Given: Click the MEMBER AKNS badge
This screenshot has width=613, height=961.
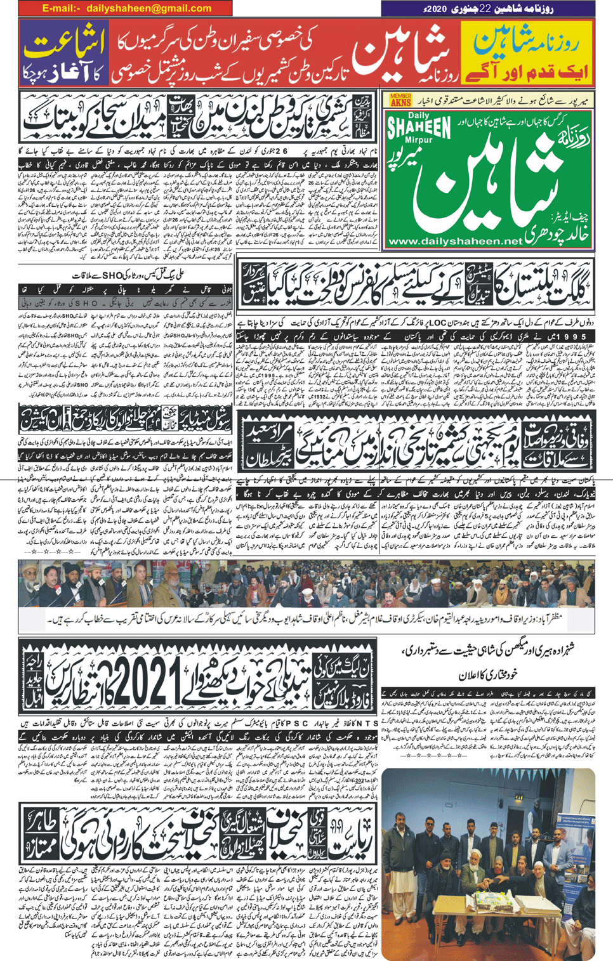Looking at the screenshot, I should pyautogui.click(x=400, y=100).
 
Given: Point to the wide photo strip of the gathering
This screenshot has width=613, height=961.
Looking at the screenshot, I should pyautogui.click(x=306, y=584).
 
